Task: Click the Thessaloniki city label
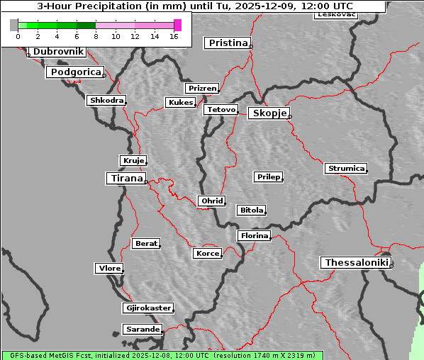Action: pyautogui.click(x=357, y=263)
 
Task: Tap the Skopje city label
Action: pyautogui.click(x=269, y=113)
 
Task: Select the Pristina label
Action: pyautogui.click(x=228, y=43)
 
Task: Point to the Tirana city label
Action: pyautogui.click(x=125, y=179)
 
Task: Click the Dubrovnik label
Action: pyautogui.click(x=58, y=52)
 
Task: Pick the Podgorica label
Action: pyautogui.click(x=74, y=72)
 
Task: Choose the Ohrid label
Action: pyautogui.click(x=212, y=201)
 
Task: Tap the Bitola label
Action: pyautogui.click(x=251, y=210)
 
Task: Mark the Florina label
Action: pyautogui.click(x=254, y=235)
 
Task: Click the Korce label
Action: pyautogui.click(x=207, y=253)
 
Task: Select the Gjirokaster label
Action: pyautogui.click(x=147, y=308)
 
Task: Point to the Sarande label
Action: pyautogui.click(x=142, y=330)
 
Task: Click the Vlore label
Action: pyautogui.click(x=108, y=268)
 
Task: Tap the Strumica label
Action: pyautogui.click(x=346, y=169)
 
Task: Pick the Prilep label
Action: pyautogui.click(x=268, y=176)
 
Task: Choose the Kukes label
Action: pyautogui.click(x=180, y=103)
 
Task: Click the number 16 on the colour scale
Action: pyautogui.click(x=174, y=36)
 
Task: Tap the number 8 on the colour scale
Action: pyautogui.click(x=96, y=36)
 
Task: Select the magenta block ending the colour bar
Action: pyautogui.click(x=177, y=25)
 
